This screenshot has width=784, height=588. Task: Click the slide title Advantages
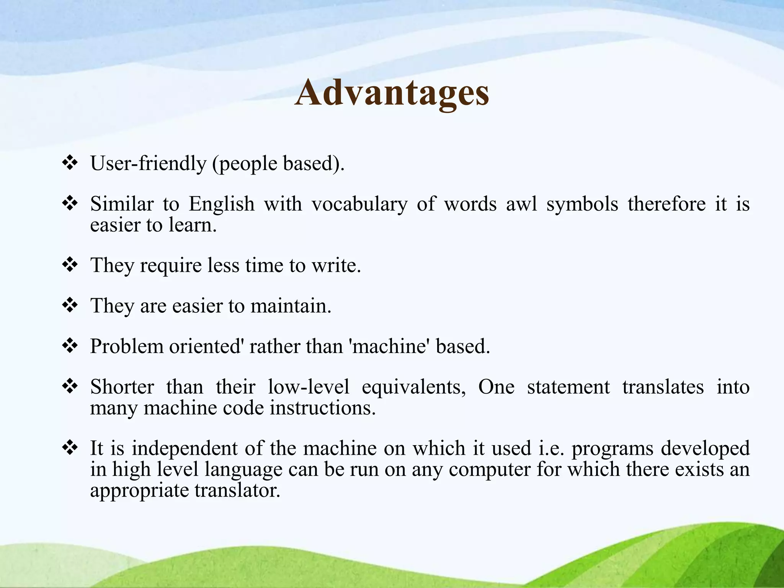pyautogui.click(x=392, y=93)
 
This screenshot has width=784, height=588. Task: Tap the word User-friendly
pyautogui.click(x=148, y=163)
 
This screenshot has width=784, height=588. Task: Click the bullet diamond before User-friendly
pyautogui.click(x=70, y=163)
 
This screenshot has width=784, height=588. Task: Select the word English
pyautogui.click(x=222, y=204)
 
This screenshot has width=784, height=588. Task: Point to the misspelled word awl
pyautogui.click(x=521, y=204)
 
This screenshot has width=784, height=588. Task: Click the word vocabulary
pyautogui.click(x=359, y=204)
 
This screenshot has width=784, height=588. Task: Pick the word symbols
pyautogui.click(x=582, y=204)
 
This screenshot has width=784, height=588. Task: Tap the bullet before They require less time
pyautogui.click(x=70, y=265)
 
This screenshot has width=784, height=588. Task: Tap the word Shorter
pyautogui.click(x=122, y=387)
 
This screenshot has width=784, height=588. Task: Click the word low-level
pyautogui.click(x=308, y=387)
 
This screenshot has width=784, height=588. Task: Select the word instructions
pyautogui.click(x=322, y=408)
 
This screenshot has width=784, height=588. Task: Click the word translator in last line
pyautogui.click(x=237, y=490)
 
